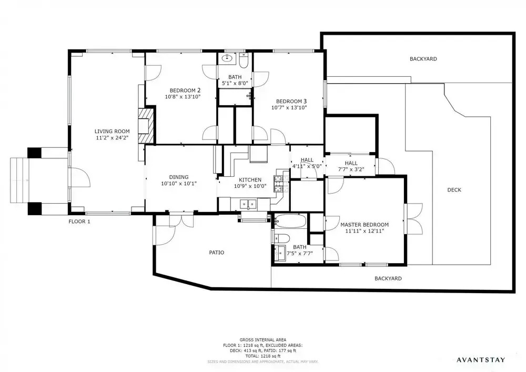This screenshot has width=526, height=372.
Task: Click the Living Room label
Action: pyautogui.click(x=112, y=132)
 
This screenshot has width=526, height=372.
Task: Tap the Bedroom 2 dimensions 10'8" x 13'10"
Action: pyautogui.click(x=183, y=97)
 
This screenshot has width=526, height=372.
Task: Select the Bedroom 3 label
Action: pyautogui.click(x=291, y=102)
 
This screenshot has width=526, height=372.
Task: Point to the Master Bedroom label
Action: pyautogui.click(x=365, y=225)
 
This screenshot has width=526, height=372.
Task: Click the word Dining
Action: pyautogui.click(x=179, y=177)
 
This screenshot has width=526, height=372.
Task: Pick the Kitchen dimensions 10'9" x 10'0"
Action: pyautogui.click(x=250, y=186)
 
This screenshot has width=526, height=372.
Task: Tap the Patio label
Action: pyautogui.click(x=217, y=253)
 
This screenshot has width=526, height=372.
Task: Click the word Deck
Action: pyautogui.click(x=454, y=190)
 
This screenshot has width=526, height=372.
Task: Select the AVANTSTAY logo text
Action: pyautogui.click(x=481, y=360)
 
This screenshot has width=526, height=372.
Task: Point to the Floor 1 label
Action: pyautogui.click(x=79, y=222)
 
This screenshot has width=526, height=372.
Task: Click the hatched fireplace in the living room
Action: pyautogui.click(x=147, y=125)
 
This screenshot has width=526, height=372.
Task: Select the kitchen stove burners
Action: pyautogui.click(x=281, y=184)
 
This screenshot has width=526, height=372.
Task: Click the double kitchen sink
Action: pyautogui.click(x=248, y=204)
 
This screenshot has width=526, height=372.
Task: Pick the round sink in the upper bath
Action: pyautogui.click(x=227, y=58)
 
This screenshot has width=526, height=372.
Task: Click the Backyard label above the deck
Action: pyautogui.click(x=423, y=59)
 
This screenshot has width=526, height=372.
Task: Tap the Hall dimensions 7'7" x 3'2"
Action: pyautogui.click(x=351, y=169)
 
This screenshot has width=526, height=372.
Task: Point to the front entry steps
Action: pyautogui.click(x=19, y=180)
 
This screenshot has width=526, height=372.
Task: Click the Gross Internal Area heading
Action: pyautogui.click(x=262, y=340)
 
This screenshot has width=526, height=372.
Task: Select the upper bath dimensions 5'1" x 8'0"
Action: pyautogui.click(x=235, y=83)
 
